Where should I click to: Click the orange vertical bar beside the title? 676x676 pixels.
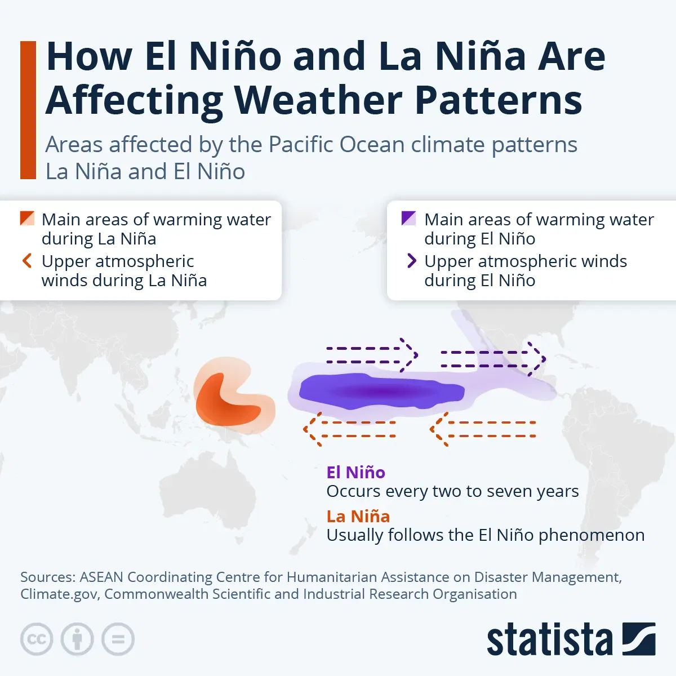[28, 110]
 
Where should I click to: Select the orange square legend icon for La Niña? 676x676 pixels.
[27, 219]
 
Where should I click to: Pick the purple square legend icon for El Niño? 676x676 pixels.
[408, 219]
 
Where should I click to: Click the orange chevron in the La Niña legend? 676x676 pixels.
[26, 261]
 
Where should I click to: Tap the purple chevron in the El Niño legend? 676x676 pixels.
[412, 261]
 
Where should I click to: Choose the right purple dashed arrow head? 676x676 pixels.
[539, 358]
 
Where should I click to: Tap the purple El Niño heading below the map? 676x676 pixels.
[355, 472]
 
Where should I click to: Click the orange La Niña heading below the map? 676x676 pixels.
[358, 516]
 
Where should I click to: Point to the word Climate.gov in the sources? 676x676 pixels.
[59, 594]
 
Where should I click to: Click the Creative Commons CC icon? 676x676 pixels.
[37, 639]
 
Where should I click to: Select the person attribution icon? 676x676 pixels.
[77, 639]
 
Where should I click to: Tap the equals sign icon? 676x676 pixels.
[118, 639]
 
